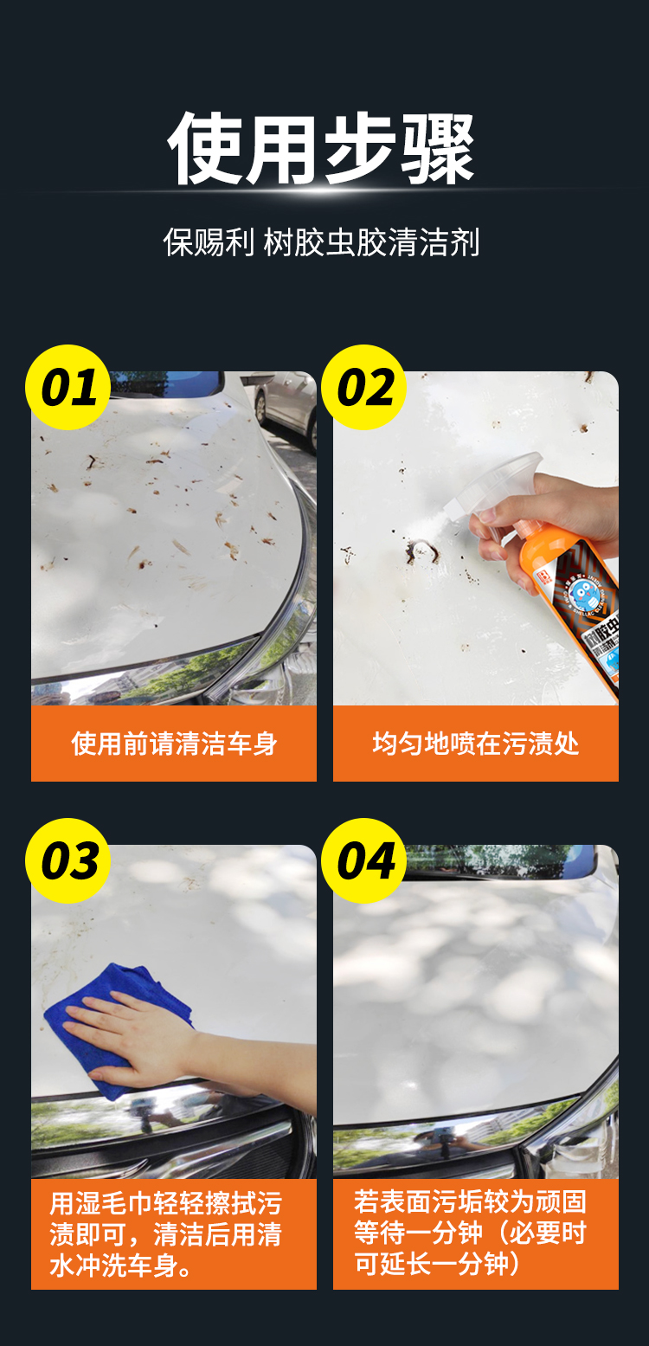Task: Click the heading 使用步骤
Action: (322, 148)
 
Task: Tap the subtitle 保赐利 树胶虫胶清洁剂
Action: (322, 242)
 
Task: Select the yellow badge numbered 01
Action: (67, 387)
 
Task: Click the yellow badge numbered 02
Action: (364, 387)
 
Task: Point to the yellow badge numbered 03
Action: (67, 860)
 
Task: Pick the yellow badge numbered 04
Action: (364, 860)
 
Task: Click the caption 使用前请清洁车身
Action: (174, 744)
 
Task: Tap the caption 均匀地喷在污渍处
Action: (476, 744)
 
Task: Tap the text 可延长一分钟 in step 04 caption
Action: (431, 1264)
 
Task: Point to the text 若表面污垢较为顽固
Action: (470, 1201)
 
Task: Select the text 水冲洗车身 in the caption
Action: (113, 1265)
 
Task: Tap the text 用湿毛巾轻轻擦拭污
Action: (166, 1203)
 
